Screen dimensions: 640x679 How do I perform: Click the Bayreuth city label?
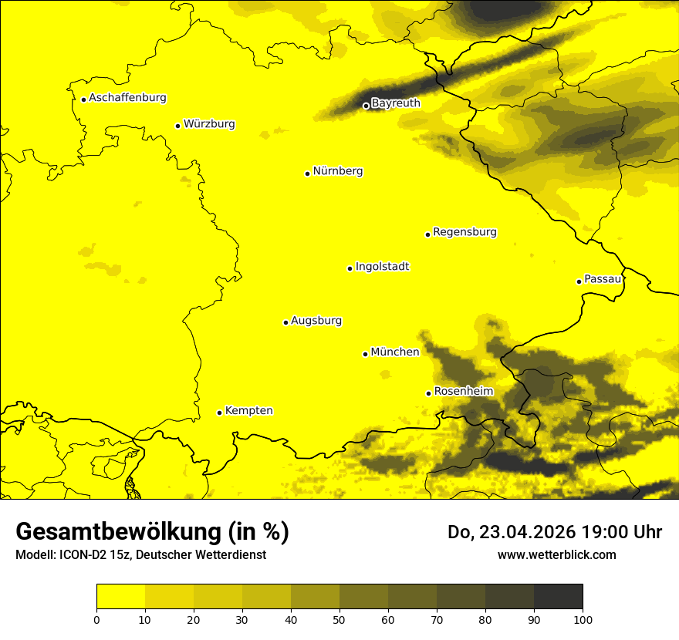395,103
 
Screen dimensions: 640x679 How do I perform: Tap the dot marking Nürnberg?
307,173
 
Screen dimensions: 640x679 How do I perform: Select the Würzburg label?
209,124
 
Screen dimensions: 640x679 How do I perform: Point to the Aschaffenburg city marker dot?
83,99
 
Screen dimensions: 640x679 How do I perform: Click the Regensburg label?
464,232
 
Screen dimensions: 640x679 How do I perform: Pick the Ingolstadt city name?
382,267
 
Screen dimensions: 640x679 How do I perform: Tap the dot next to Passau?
579,281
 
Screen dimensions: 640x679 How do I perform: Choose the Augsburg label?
316,321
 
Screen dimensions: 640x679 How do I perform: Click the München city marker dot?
365,354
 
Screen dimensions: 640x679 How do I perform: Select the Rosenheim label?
463,392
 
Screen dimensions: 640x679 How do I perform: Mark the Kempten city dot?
219,413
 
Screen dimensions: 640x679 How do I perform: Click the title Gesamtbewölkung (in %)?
152,532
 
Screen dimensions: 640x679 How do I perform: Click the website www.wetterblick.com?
556,555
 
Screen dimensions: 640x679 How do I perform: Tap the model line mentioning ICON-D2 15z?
140,555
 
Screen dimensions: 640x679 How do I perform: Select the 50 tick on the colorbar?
339,618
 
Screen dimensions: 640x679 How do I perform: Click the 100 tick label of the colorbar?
583,618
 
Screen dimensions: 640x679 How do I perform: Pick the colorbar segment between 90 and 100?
558,597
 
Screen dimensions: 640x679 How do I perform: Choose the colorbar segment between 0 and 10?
120,597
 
